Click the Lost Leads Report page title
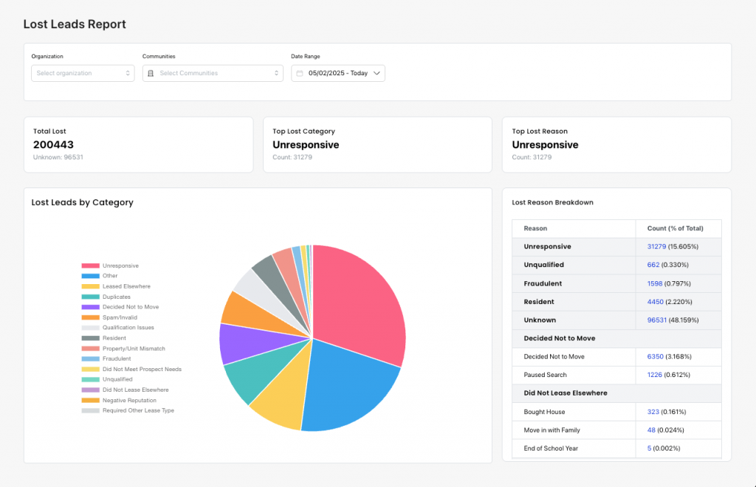click(x=75, y=24)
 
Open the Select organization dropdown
click(x=83, y=73)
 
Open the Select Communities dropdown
click(x=213, y=73)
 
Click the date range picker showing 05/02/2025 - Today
click(x=338, y=73)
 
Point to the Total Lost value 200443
click(x=53, y=145)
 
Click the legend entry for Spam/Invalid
click(x=120, y=317)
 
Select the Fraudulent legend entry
click(x=117, y=359)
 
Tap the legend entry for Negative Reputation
click(x=129, y=400)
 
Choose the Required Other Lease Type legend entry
click(x=138, y=410)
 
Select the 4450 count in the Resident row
click(x=655, y=302)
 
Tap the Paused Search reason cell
click(x=545, y=375)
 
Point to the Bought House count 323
click(x=653, y=412)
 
